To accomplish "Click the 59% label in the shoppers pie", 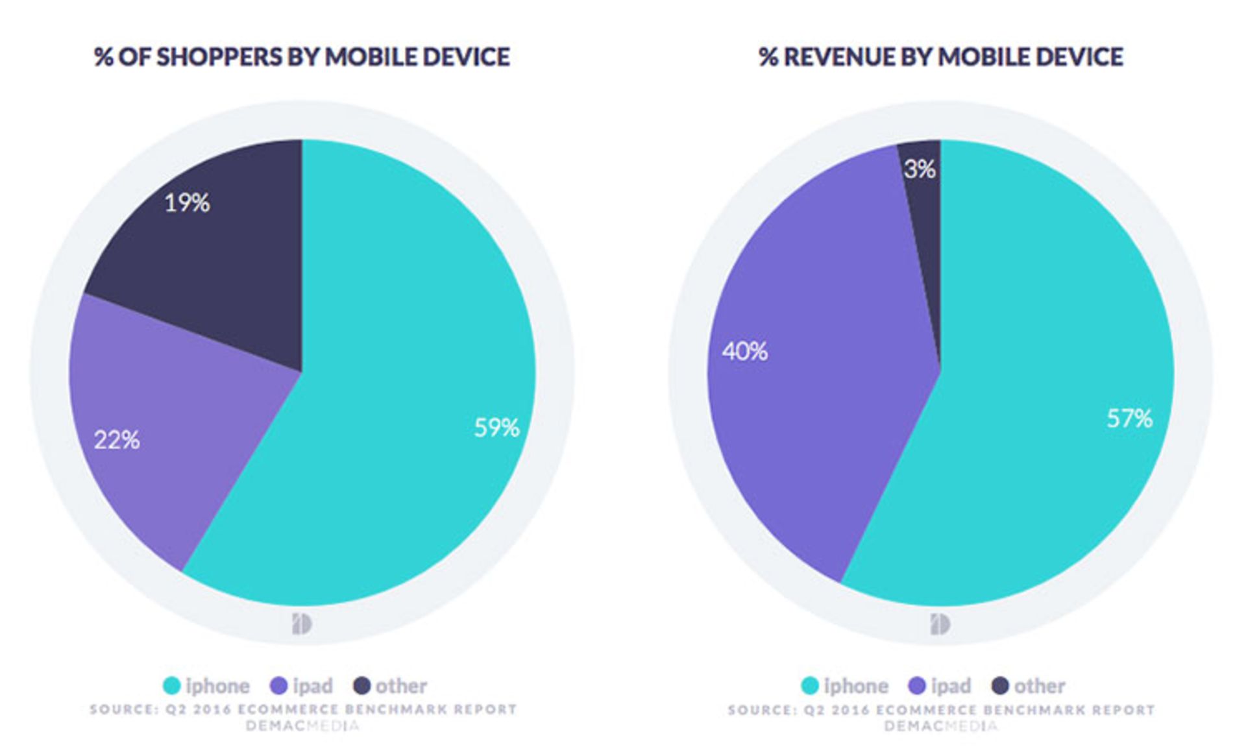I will [x=496, y=428].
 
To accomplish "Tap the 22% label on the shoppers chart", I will [x=117, y=441].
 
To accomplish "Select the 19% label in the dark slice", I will [x=187, y=203].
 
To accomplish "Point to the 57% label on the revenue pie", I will [x=1129, y=419].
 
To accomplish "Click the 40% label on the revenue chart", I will [x=744, y=352].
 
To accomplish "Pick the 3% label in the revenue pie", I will [x=920, y=169].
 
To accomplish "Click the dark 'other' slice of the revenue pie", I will [x=925, y=247].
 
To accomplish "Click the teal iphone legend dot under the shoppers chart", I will [x=171, y=685].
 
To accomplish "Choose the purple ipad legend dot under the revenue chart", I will [x=918, y=685].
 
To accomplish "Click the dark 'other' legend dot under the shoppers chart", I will [x=362, y=685].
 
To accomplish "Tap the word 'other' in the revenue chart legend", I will [x=1040, y=686].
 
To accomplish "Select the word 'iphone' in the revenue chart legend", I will [x=856, y=686].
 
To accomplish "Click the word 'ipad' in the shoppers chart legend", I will [x=312, y=686].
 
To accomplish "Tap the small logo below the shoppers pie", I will [x=302, y=624].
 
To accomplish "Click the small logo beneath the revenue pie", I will [x=940, y=624].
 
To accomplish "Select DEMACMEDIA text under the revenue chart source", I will [x=940, y=726].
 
